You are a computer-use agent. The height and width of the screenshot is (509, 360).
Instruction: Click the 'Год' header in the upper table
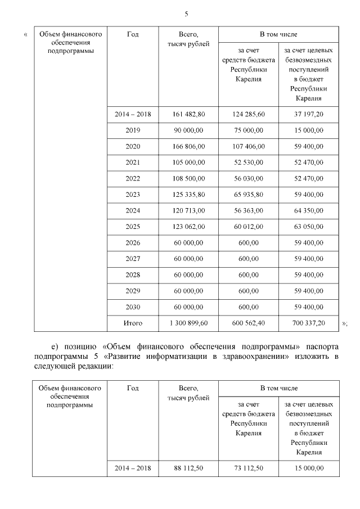click(133, 34)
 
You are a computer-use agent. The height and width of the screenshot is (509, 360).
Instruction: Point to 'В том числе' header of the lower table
click(278, 388)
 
